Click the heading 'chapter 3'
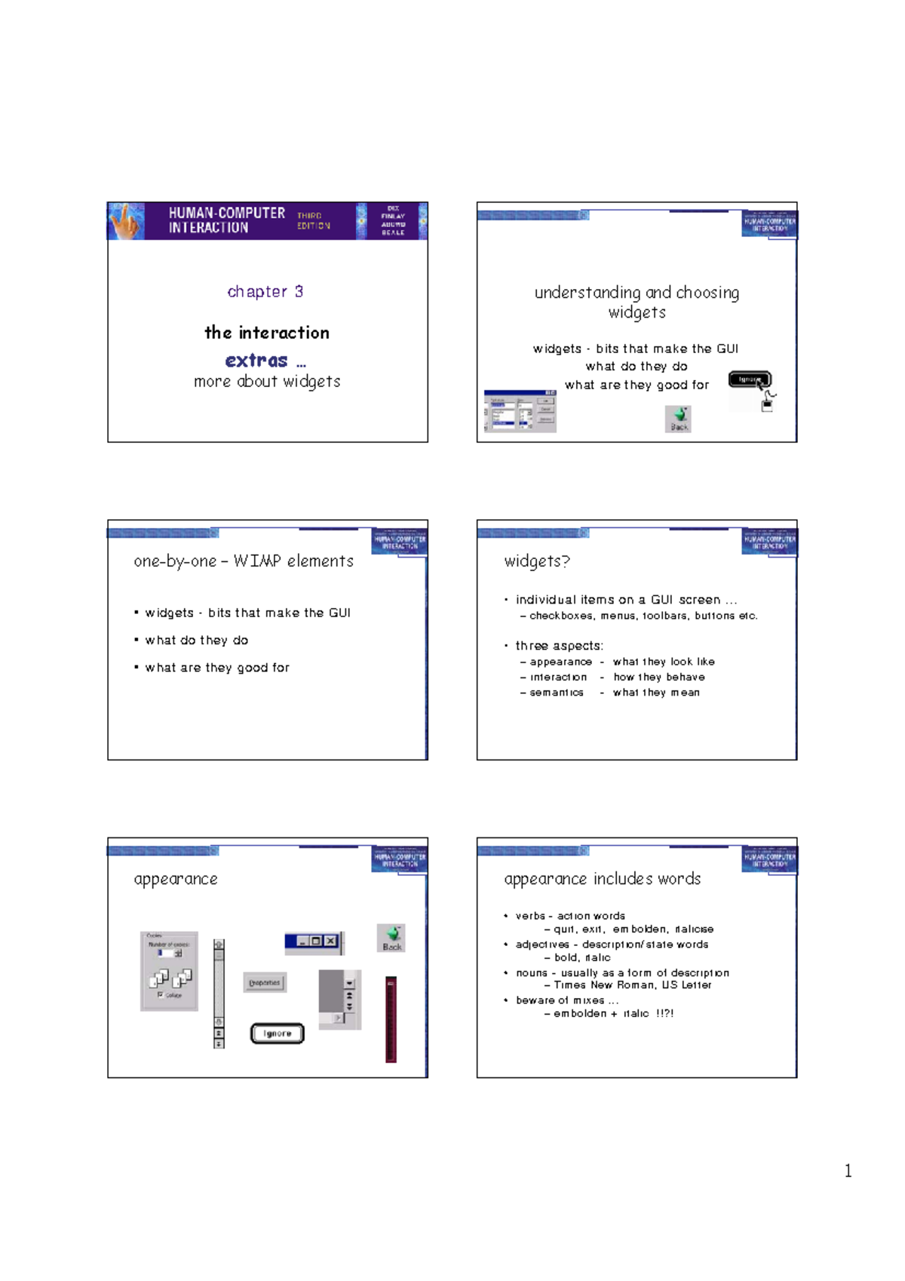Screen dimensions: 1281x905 pos(265,292)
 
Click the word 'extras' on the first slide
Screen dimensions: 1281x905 pos(256,361)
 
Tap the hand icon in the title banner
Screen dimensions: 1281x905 pos(127,221)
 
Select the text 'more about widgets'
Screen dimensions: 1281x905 pos(267,382)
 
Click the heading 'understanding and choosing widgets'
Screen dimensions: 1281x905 pos(637,302)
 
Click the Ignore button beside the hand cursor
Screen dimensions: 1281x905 pos(748,379)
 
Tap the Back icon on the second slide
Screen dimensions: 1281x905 pos(679,418)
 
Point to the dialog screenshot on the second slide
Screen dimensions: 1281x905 pos(520,411)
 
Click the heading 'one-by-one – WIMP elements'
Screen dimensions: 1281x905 pos(244,561)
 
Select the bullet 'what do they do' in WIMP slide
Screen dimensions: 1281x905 pos(196,640)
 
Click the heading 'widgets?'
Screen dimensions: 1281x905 pos(537,561)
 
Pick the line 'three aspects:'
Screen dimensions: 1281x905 pos(559,646)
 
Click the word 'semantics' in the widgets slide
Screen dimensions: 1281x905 pos(556,693)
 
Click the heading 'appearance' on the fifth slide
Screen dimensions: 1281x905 pos(176,879)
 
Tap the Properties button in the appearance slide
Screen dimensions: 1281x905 pos(265,982)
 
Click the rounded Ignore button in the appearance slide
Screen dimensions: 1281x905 pos(277,1034)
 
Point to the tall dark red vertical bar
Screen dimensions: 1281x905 pos(391,1019)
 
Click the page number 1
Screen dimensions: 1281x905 pos(848,1171)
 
